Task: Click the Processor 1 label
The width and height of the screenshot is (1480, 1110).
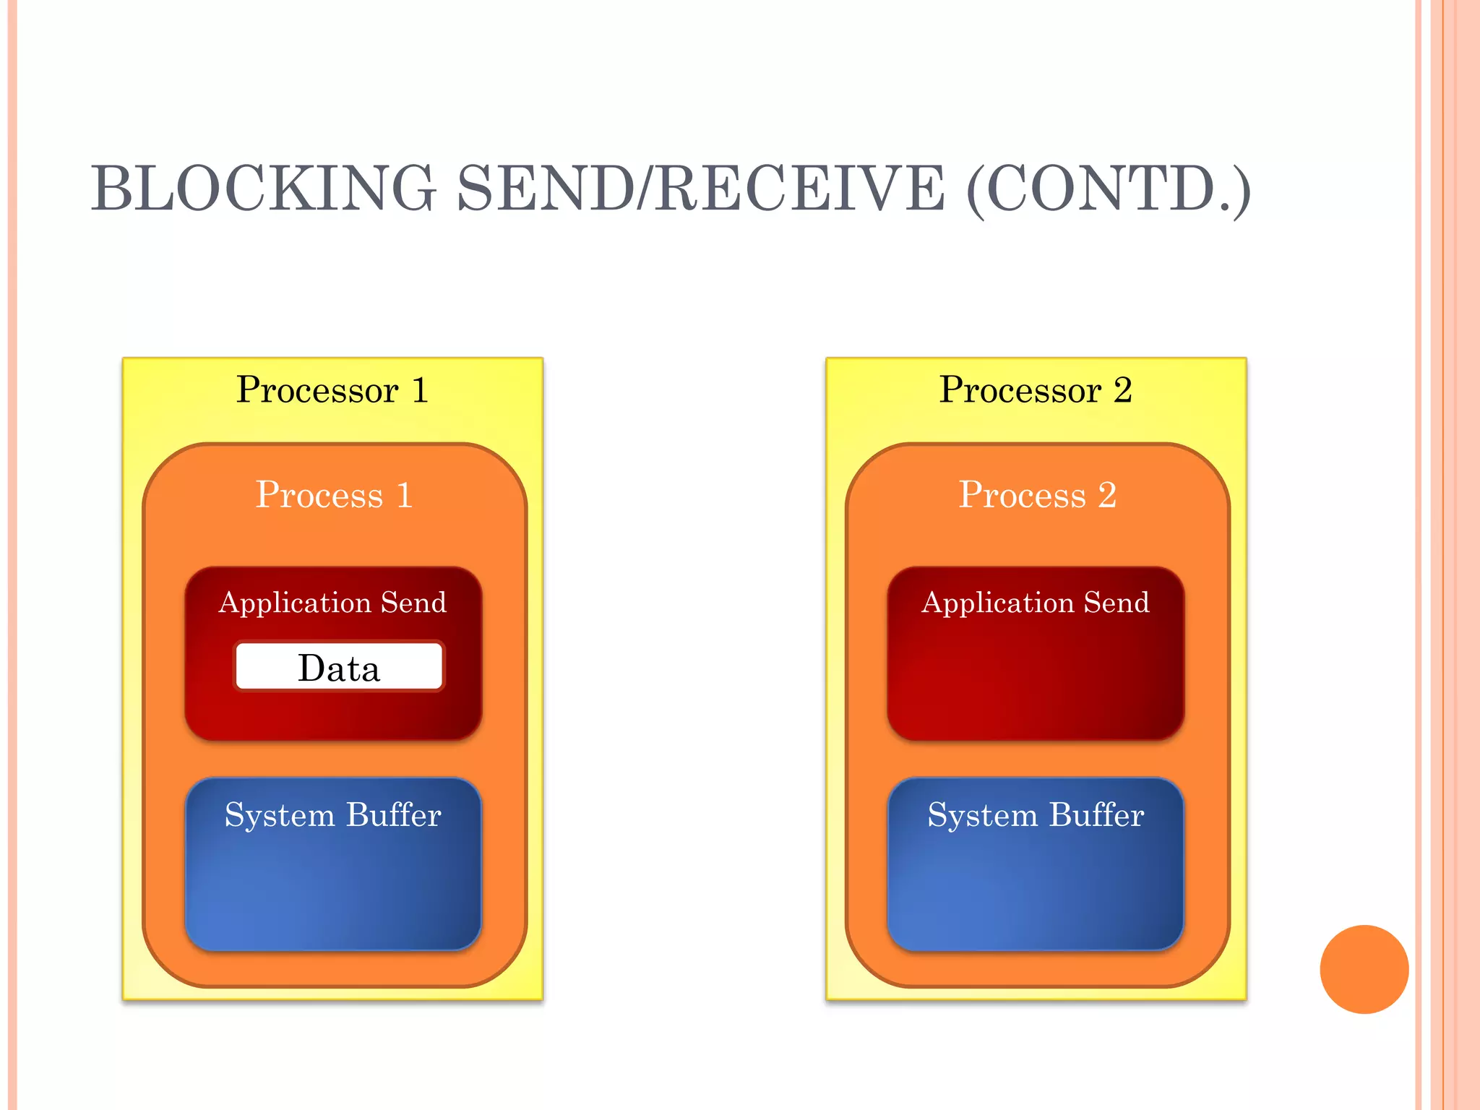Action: click(x=332, y=391)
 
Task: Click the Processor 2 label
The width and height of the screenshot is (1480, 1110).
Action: click(x=1035, y=391)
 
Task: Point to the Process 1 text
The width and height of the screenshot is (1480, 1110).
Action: click(x=334, y=496)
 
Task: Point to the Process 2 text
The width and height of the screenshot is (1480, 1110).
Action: click(x=1037, y=496)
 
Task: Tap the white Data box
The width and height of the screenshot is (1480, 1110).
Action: click(x=339, y=667)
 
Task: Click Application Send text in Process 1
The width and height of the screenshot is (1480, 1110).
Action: click(x=332, y=603)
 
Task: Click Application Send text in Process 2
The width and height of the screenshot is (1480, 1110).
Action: click(x=1035, y=603)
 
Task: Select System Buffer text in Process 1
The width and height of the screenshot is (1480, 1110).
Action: click(x=332, y=815)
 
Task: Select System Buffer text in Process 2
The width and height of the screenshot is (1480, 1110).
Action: click(x=1035, y=815)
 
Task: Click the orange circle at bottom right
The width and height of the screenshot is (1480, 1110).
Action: click(x=1364, y=969)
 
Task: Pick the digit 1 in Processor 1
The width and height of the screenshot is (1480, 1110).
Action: click(x=420, y=391)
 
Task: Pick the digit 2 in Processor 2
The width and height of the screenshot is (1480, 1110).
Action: click(x=1122, y=391)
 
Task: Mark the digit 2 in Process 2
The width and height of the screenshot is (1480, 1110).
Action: click(x=1107, y=496)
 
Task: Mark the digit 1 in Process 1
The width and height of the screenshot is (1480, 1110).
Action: click(x=405, y=496)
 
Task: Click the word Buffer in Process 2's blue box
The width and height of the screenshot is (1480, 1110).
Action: click(x=1096, y=815)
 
